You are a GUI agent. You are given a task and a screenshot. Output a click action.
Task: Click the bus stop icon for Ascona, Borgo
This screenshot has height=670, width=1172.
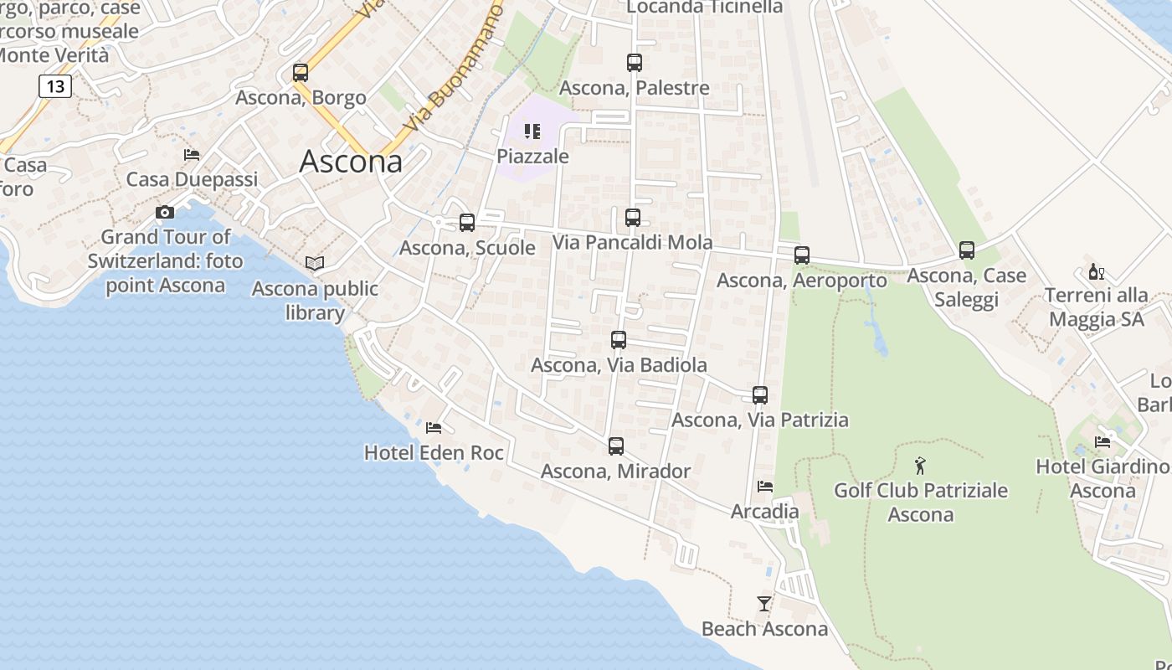[301, 73]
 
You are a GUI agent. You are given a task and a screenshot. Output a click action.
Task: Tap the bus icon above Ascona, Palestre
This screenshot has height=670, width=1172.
[635, 63]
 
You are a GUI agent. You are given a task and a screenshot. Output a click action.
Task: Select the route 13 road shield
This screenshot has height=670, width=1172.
[55, 85]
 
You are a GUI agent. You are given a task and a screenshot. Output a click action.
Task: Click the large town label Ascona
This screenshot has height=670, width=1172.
[351, 161]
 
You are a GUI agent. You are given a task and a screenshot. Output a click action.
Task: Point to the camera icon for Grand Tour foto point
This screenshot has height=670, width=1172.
[165, 213]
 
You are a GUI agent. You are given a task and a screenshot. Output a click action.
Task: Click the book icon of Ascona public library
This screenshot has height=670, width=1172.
[315, 264]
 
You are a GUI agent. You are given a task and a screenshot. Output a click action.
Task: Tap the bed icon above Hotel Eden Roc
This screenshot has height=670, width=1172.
[434, 428]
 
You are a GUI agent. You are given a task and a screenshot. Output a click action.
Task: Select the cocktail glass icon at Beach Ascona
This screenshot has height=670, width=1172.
[763, 603]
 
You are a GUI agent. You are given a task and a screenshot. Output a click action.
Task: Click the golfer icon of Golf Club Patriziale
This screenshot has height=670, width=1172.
[921, 466]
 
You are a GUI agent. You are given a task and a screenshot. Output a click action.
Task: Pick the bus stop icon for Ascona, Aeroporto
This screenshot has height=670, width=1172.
[802, 255]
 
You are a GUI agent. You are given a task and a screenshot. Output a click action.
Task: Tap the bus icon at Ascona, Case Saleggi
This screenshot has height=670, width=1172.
[967, 250]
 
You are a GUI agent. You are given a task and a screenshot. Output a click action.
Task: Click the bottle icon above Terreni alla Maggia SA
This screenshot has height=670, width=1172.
[1096, 271]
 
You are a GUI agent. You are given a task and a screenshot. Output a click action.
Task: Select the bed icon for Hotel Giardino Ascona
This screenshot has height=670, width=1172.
[1103, 442]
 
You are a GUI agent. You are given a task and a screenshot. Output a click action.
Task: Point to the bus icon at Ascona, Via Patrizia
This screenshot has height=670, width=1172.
[760, 395]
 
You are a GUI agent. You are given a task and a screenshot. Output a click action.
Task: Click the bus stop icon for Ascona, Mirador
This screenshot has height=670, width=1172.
[616, 446]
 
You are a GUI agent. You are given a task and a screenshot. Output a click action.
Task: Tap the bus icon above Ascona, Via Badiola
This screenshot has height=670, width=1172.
[619, 340]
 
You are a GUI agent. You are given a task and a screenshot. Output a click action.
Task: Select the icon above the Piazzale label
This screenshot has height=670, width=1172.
[532, 131]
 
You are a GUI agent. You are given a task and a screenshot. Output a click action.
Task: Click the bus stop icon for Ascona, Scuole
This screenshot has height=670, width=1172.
[467, 223]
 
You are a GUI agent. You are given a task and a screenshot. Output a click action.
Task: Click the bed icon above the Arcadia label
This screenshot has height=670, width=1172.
[765, 486]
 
